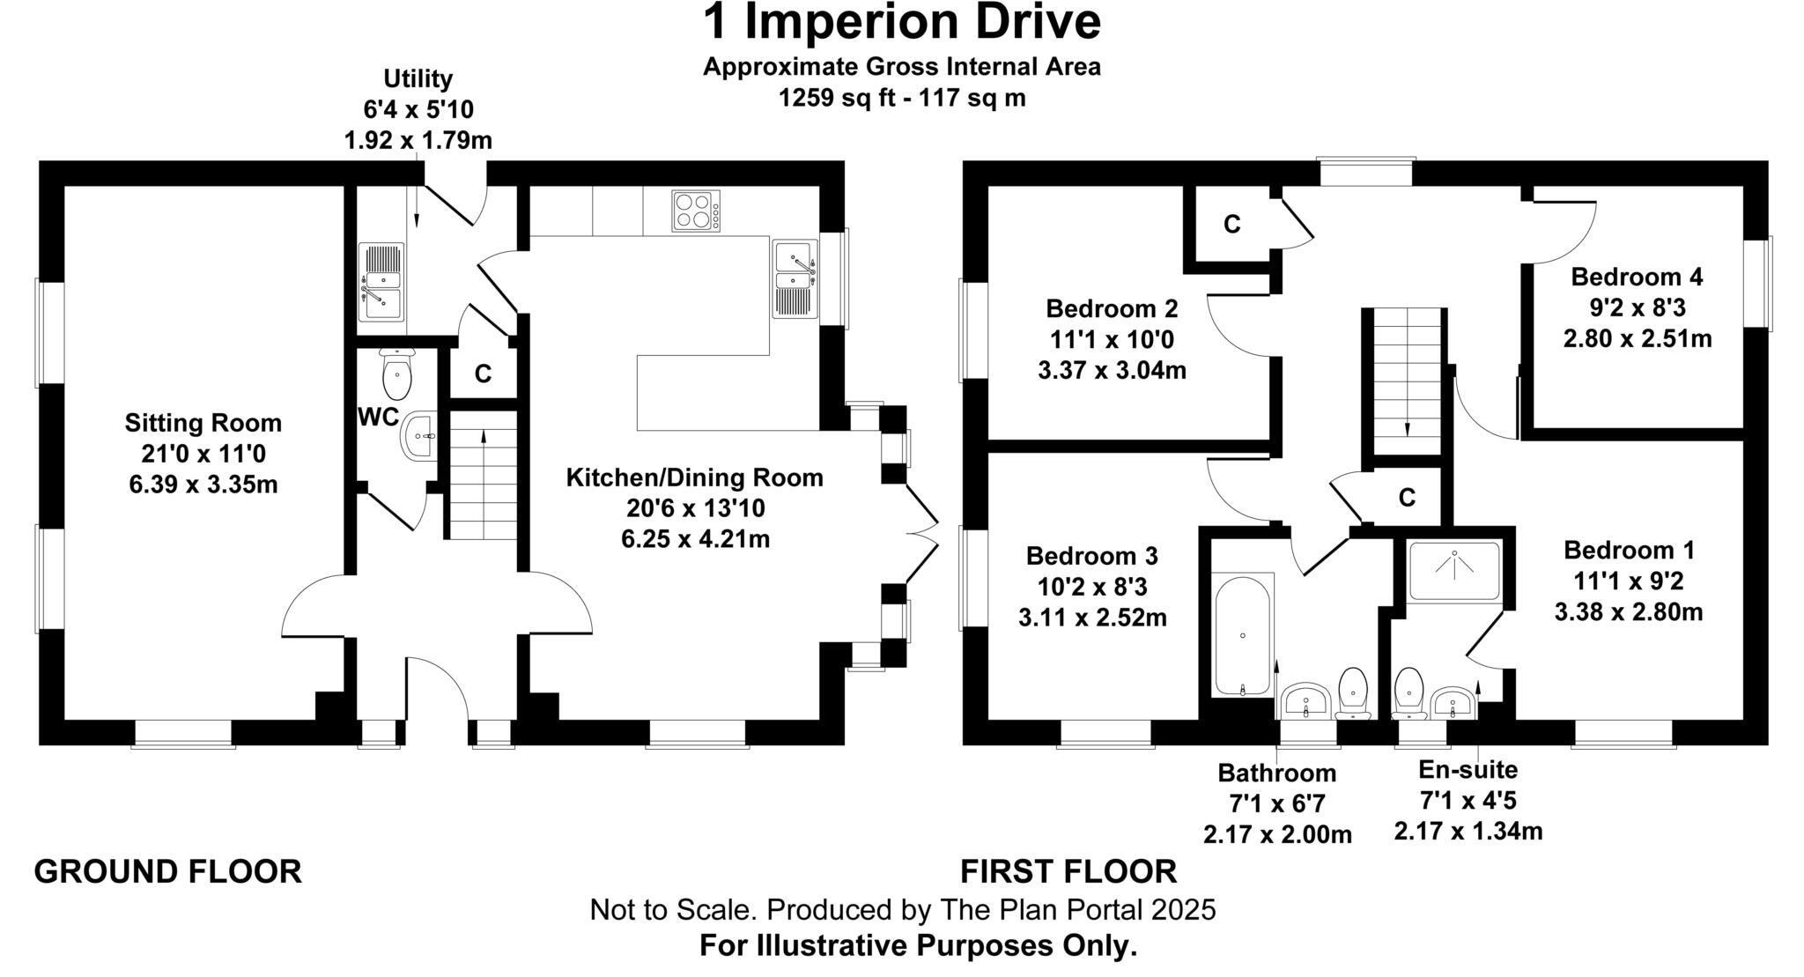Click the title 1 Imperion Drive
coord(901,23)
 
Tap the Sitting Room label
coord(203,423)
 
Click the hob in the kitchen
coord(695,211)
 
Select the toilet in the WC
coord(397,374)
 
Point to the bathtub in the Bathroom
coord(1242,634)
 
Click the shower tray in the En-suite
coord(1453,570)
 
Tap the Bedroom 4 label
coord(1637,277)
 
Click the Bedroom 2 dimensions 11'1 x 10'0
coord(1112,339)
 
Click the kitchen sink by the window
coord(795,278)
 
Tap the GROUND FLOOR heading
coord(167,871)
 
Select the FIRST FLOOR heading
coord(1068,871)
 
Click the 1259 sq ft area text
coord(901,98)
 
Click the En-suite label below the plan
coord(1468,770)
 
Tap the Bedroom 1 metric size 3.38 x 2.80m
coord(1628,611)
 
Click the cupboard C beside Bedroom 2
coord(1231,226)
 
